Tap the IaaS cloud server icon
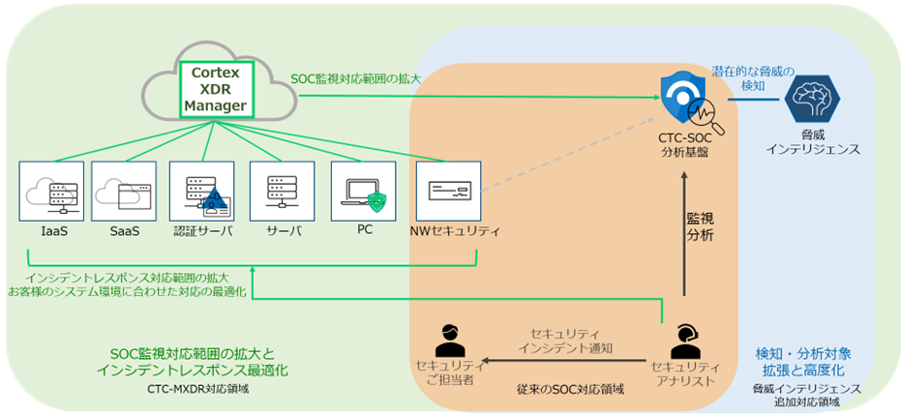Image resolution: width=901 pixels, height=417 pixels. [x=52, y=191]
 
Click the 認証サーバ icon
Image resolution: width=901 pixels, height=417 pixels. [x=201, y=191]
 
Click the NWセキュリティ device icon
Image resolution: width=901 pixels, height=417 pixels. [x=449, y=191]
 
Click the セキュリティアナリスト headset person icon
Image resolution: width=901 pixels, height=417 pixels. [x=685, y=339]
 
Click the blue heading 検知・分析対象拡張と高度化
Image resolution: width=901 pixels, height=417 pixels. [x=803, y=360]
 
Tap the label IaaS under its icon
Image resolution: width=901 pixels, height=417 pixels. [x=52, y=230]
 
